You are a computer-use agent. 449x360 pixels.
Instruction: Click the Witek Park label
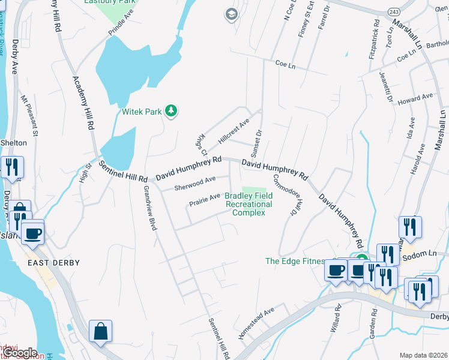point(142,112)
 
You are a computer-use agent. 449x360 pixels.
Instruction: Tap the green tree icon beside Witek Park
point(172,110)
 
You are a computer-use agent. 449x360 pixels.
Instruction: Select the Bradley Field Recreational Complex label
point(249,205)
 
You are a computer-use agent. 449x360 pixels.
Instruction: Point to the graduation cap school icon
point(231,14)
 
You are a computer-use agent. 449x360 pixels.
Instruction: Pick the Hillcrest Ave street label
point(234,131)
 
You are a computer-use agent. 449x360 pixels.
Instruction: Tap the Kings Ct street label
point(200,144)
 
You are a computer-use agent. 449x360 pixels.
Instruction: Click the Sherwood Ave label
point(194,184)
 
